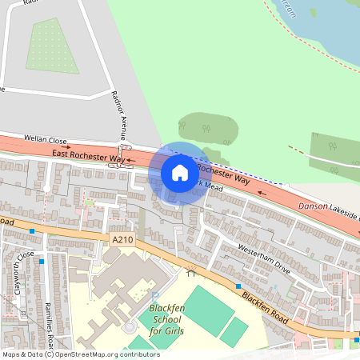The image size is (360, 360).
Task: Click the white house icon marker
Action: [180, 172]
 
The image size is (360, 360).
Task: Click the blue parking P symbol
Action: [154, 297]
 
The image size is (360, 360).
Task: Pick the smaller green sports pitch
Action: [234, 331]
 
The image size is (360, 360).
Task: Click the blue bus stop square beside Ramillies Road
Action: [31, 230]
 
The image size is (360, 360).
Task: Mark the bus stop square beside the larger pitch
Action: [238, 286]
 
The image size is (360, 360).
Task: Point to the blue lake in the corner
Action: [320, 24]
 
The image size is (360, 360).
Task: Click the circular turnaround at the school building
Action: [129, 326]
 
